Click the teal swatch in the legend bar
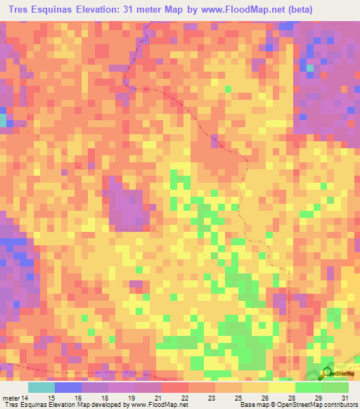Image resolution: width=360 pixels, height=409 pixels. tap(41, 387)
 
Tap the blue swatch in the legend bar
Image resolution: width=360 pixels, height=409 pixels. tap(67, 387)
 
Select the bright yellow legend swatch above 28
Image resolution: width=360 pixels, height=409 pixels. tap(281, 387)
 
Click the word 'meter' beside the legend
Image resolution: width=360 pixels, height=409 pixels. tap(11, 398)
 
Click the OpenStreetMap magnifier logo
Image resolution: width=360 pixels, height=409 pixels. tap(327, 372)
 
